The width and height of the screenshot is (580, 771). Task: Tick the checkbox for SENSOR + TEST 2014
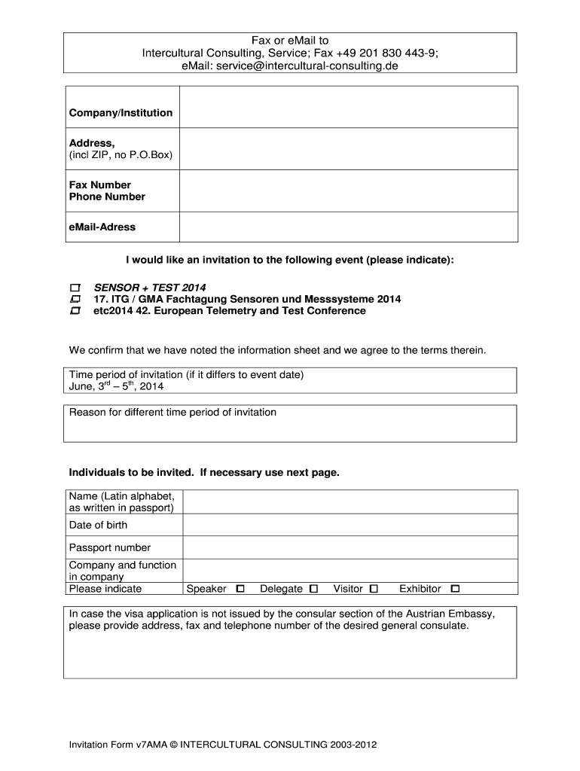pos(75,288)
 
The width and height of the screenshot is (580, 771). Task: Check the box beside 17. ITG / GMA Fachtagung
pos(75,300)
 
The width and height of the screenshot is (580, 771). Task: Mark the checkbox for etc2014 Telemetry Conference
pos(75,311)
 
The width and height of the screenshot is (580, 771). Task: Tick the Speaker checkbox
pos(240,589)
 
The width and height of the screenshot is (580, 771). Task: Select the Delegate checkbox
pos(313,589)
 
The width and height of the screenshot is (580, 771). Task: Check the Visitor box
pos(374,589)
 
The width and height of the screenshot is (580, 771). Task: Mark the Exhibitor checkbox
pos(455,589)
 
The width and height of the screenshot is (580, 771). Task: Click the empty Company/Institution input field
pos(348,107)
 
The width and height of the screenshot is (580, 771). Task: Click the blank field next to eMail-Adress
pos(348,227)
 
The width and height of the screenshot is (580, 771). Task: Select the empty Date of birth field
pos(350,525)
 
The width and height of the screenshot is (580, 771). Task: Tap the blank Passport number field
pos(350,547)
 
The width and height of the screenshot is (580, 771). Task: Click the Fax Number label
pos(100,185)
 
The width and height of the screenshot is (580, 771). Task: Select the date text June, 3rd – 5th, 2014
pos(116,387)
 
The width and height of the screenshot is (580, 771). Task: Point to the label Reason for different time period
pos(172,413)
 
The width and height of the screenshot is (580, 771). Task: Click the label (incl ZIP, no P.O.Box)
pos(121,155)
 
